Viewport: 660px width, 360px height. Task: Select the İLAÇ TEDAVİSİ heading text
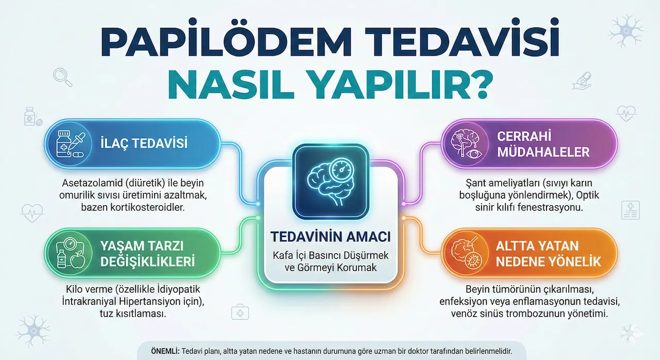point(144,143)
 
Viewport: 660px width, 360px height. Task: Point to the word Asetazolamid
point(92,183)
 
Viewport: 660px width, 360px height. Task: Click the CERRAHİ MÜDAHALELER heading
point(543,144)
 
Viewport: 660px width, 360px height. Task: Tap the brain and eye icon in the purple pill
point(467,144)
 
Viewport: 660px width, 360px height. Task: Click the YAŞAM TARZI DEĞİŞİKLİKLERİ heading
point(147,254)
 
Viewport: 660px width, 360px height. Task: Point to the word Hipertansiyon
point(156,301)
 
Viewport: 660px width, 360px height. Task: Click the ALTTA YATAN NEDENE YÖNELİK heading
point(548,254)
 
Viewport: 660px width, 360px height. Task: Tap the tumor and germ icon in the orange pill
point(467,254)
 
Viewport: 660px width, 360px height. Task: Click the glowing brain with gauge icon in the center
point(331,182)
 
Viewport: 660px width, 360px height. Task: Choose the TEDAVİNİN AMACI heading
point(331,237)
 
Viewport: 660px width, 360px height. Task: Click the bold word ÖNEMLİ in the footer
point(166,351)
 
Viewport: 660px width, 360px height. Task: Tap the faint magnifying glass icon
point(62,77)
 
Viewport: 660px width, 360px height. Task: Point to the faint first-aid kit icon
point(240,312)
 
